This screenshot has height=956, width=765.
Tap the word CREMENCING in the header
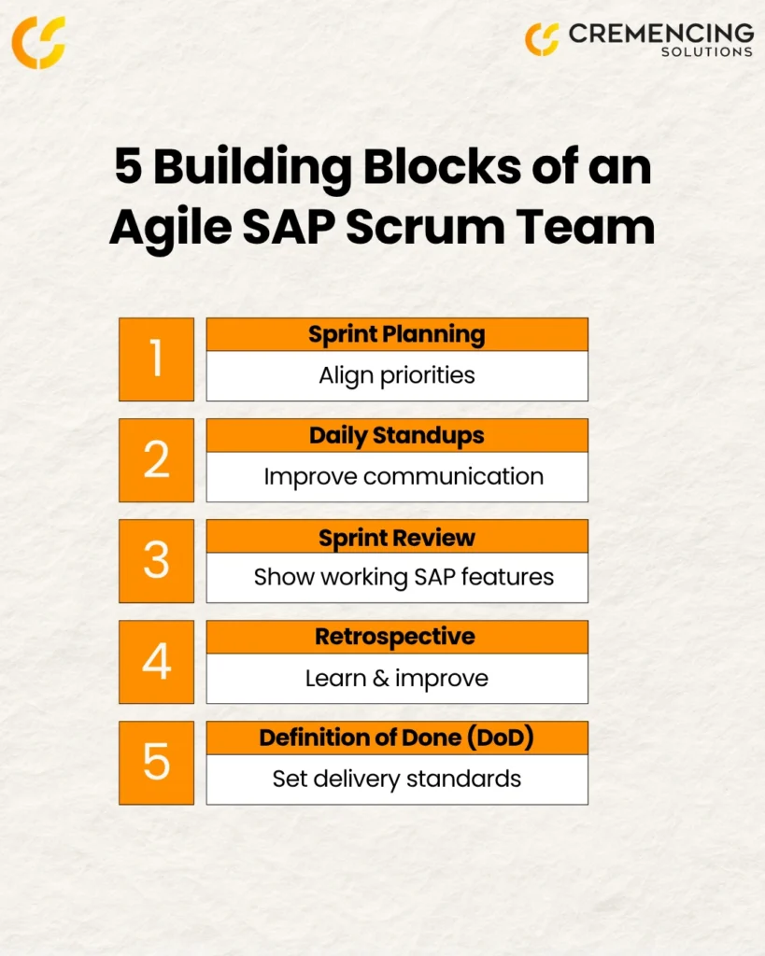click(661, 35)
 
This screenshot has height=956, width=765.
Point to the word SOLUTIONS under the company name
click(707, 52)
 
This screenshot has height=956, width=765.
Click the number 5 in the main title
click(129, 166)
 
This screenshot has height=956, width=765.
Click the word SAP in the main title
click(289, 227)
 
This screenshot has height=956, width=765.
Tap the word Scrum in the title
click(425, 227)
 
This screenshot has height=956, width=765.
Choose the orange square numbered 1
click(156, 359)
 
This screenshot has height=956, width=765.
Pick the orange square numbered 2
click(156, 460)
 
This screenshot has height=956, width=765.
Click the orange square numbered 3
click(156, 561)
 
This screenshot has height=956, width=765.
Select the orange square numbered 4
click(156, 662)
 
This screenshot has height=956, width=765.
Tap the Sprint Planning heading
click(397, 335)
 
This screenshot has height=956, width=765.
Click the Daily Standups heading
click(397, 436)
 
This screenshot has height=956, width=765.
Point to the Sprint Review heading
click(397, 538)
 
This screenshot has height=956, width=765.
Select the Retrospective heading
click(395, 637)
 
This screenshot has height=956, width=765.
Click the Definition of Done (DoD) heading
click(397, 738)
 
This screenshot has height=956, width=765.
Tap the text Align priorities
click(397, 375)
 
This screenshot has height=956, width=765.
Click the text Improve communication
click(404, 477)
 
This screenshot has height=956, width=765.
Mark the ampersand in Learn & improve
click(381, 678)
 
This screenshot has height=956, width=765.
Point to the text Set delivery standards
click(397, 780)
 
